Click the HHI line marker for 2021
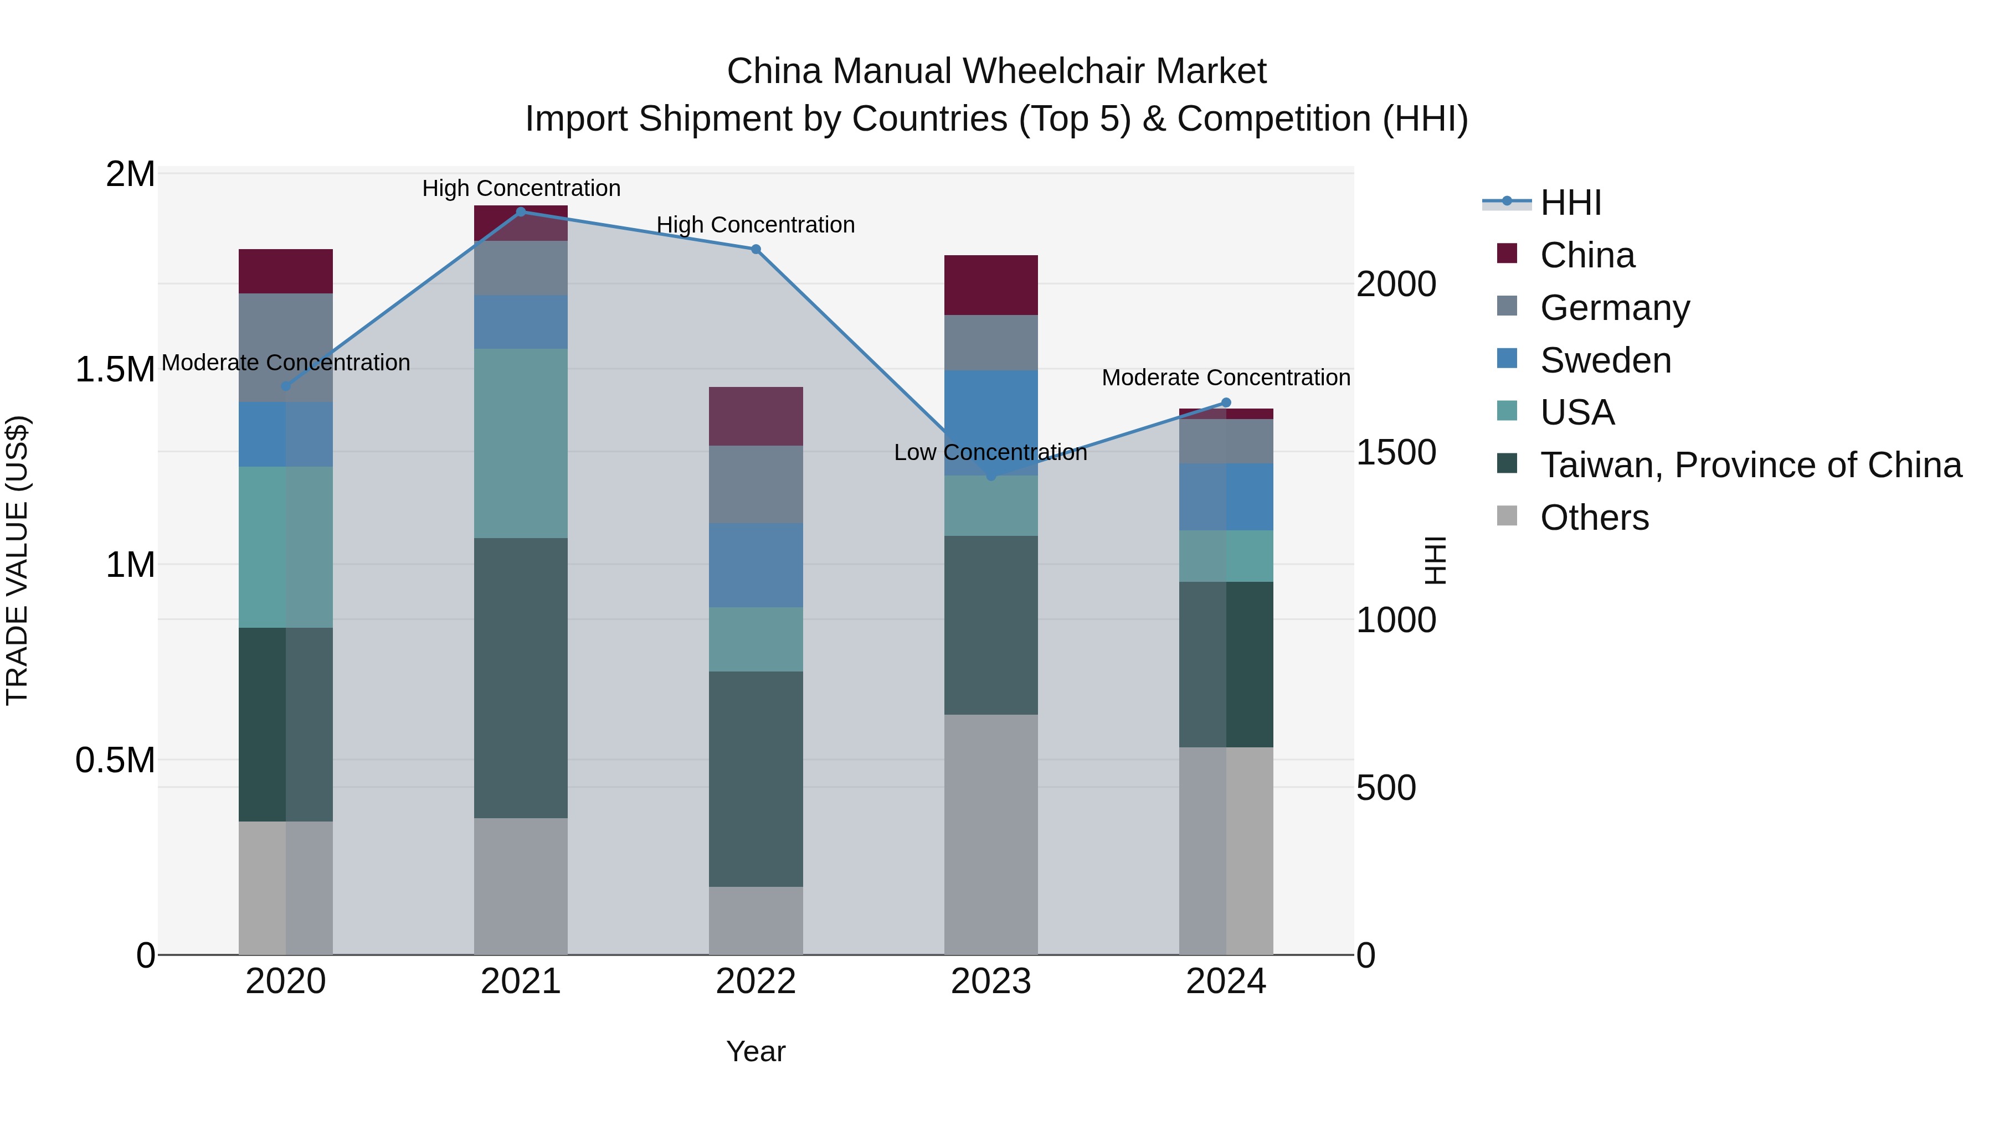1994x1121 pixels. point(521,211)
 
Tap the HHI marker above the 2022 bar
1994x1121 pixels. point(756,249)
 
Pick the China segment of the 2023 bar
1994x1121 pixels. point(991,285)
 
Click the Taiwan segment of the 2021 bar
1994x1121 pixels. point(521,677)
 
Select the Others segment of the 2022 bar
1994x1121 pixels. point(756,920)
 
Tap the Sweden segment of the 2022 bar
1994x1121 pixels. point(756,565)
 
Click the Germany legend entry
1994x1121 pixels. point(1614,308)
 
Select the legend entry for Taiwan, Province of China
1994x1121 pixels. point(1750,465)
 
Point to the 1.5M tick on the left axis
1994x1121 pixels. point(115,370)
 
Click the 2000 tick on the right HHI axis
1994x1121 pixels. point(1396,284)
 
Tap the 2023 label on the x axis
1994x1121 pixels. point(991,981)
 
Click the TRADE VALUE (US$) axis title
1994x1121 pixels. point(17,560)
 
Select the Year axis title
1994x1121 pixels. point(756,1051)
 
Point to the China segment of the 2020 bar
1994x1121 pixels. point(286,271)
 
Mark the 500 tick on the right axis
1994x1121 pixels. point(1386,788)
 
